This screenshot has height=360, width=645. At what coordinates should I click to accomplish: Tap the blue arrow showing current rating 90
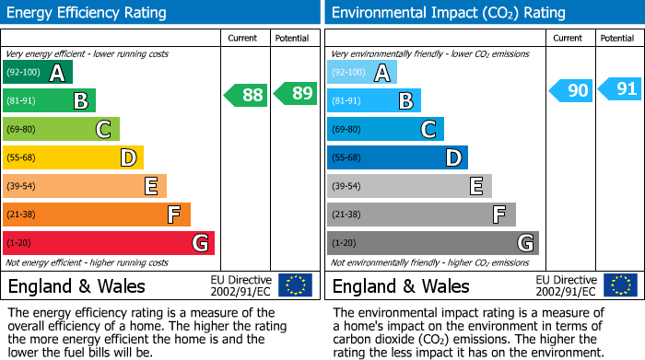pos(570,90)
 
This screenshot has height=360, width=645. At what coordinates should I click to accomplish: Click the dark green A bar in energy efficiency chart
pos(38,73)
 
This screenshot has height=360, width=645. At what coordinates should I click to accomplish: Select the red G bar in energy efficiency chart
pos(109,243)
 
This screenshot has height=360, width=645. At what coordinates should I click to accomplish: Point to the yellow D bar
pos(73,158)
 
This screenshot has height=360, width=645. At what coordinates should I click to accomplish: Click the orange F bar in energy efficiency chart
pos(97,215)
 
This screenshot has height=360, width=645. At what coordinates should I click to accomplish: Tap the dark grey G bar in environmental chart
pos(433,243)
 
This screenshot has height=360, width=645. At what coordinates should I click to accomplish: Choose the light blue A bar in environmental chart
pos(362,73)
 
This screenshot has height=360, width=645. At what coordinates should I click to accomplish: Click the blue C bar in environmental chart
pos(386,130)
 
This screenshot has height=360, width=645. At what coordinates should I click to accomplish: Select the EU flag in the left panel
pos(295,285)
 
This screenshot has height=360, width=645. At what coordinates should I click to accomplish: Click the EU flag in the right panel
pos(619,285)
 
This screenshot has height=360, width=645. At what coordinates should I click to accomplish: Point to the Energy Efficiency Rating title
pos(88,13)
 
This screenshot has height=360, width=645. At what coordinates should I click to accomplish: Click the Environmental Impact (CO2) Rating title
pos(448,13)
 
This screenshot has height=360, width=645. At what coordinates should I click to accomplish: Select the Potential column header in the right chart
pos(616,38)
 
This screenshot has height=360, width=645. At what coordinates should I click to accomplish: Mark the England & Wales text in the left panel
pos(76,286)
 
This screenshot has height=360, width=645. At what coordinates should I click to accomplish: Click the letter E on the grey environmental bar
pos(475,187)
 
